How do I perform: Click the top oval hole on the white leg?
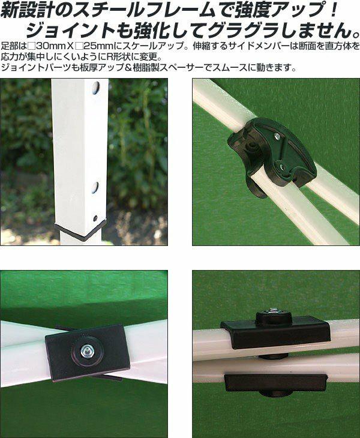[x=96, y=87]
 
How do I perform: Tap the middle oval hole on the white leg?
[x=95, y=187]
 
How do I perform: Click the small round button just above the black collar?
[x=95, y=218]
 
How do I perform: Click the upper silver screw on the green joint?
[x=277, y=136]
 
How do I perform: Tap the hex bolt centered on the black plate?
[x=85, y=352]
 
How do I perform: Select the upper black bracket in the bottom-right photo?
[x=275, y=331]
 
